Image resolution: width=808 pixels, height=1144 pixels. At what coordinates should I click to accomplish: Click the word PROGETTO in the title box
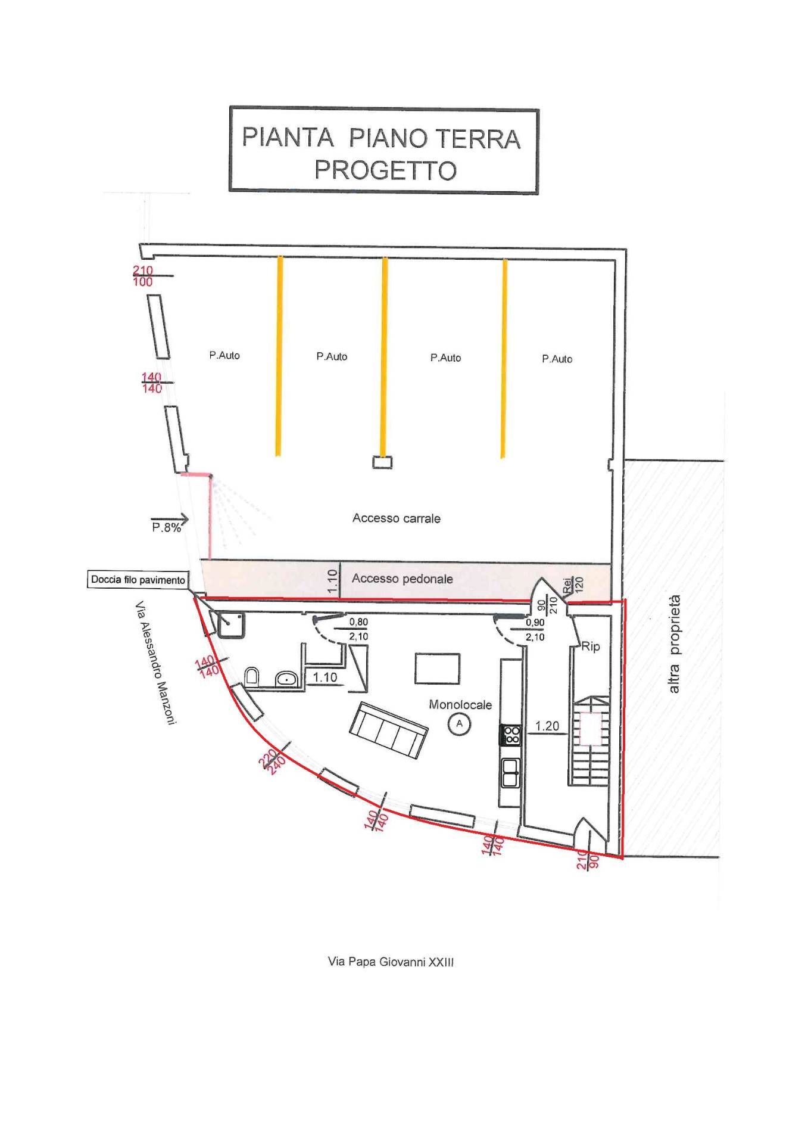pos(385,170)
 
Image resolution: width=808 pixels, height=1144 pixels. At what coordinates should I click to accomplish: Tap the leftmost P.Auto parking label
pos(224,355)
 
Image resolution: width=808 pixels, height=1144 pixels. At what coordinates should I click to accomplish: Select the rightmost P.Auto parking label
pos(557,359)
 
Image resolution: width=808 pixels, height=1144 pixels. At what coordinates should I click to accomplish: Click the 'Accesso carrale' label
pos(397,518)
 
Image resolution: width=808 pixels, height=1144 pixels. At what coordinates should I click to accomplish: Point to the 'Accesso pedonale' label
pos(403,579)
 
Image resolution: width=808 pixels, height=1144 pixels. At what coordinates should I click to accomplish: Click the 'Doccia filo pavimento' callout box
pos(138,580)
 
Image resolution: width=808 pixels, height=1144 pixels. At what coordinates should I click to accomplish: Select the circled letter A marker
pos(459,723)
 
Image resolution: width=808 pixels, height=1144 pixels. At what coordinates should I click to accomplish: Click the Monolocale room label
pos(460,705)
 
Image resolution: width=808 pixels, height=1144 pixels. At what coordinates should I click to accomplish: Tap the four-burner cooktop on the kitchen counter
pos(511,734)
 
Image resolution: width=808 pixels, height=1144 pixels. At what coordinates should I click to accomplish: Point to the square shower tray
pos(230,624)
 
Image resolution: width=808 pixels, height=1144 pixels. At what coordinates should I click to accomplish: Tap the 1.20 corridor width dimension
pos(547,726)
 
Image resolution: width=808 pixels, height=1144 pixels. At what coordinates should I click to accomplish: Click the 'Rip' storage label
pos(591,646)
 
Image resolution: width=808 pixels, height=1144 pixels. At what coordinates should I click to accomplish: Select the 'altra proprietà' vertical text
pos(674,643)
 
